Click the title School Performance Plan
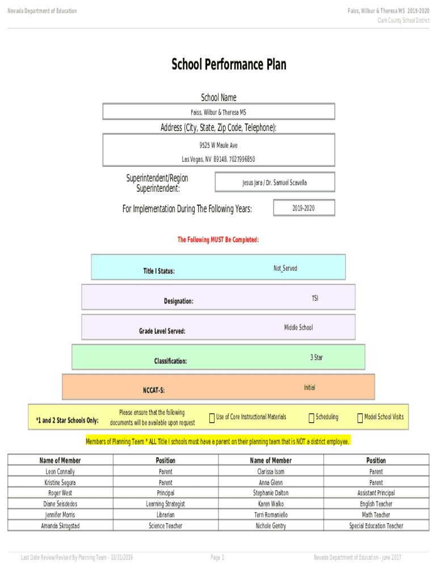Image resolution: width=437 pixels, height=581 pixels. tap(229, 65)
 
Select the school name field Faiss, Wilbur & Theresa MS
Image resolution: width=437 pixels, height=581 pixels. tap(218, 112)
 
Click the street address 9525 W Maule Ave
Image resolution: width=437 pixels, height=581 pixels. tap(218, 145)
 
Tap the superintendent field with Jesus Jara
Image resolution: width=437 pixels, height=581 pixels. tap(275, 183)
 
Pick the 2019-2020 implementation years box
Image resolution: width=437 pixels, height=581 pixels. tap(304, 208)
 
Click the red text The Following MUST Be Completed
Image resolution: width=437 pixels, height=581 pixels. tap(218, 240)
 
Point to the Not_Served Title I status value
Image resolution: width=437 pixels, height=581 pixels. tap(285, 268)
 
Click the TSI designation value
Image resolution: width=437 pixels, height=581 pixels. tap(315, 298)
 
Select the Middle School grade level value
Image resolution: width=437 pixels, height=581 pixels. tap(298, 327)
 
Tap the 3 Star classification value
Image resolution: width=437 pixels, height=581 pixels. tap(316, 357)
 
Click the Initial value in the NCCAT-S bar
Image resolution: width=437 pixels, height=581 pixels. tap(309, 388)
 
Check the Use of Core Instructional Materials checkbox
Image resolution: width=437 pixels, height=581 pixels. tap(212, 418)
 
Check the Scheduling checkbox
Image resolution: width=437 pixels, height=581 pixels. tap(311, 418)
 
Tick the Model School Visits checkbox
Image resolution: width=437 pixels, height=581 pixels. tap(360, 418)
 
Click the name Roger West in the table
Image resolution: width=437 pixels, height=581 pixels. tap(60, 493)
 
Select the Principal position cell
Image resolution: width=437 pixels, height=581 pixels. tap(166, 493)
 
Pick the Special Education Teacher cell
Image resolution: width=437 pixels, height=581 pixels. tap(376, 526)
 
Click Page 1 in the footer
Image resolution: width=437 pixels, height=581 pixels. tap(217, 558)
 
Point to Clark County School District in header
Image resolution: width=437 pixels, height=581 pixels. tap(404, 20)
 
